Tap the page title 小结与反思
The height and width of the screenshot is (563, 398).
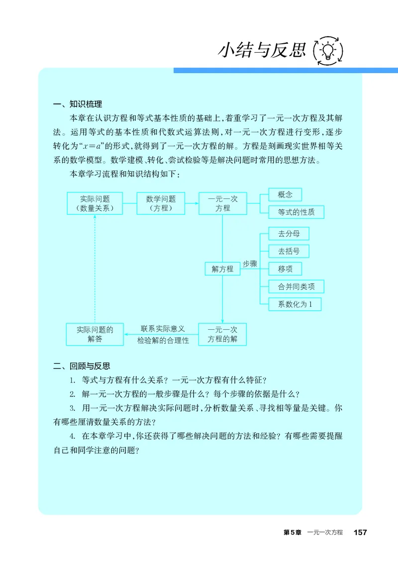coord(261,50)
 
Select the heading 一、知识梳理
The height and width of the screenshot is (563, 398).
coord(77,104)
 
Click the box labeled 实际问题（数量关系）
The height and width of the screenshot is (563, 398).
coord(95,204)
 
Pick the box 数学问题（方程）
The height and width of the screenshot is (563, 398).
coord(160,204)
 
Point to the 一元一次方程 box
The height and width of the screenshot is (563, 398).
coord(222,204)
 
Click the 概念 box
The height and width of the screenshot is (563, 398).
coord(285,194)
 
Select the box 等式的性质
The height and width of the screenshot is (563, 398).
coord(296,212)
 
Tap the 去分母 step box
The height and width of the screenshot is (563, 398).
coord(289,233)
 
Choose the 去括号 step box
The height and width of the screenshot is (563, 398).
coord(289,251)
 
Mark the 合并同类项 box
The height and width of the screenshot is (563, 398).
coord(296,286)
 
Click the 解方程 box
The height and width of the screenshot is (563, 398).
coord(222,269)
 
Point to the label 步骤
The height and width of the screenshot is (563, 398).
coord(250,264)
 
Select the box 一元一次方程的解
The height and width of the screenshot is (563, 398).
coord(222,334)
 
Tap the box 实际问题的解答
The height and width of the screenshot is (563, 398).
coord(95,334)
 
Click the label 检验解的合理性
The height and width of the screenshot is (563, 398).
coord(163,341)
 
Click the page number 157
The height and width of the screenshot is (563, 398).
coord(360,532)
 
